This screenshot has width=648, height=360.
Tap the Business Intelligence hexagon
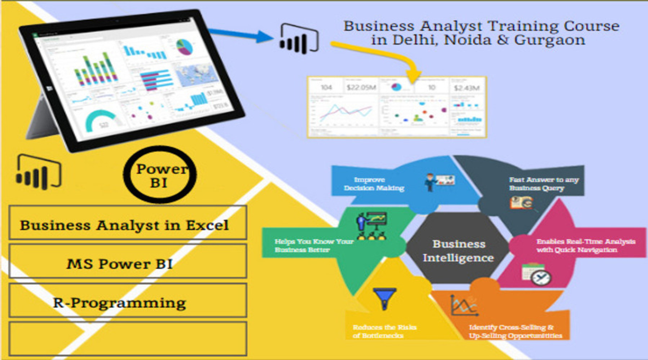[458, 250]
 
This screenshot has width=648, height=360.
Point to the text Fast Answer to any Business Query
[544, 184]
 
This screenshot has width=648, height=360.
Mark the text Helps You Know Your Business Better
[314, 246]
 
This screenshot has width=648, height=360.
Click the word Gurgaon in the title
[555, 40]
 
